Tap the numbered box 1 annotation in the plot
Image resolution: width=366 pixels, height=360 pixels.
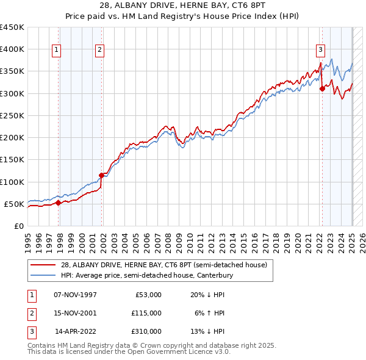56,51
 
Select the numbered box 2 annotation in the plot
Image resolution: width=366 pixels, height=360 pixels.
99,51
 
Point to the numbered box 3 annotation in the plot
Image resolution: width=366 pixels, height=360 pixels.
320,51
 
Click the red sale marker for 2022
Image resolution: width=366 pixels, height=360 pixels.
322,88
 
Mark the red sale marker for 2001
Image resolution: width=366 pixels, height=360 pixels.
102,175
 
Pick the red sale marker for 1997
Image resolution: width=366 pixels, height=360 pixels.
58,203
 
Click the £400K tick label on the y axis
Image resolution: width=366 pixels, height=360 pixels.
12,49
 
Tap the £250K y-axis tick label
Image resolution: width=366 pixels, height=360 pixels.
12,115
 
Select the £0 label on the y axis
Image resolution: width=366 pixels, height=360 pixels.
19,226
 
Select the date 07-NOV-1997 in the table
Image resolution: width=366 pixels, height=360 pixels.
76,295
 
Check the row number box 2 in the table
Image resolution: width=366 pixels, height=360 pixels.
30,313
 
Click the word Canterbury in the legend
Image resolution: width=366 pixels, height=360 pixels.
214,276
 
